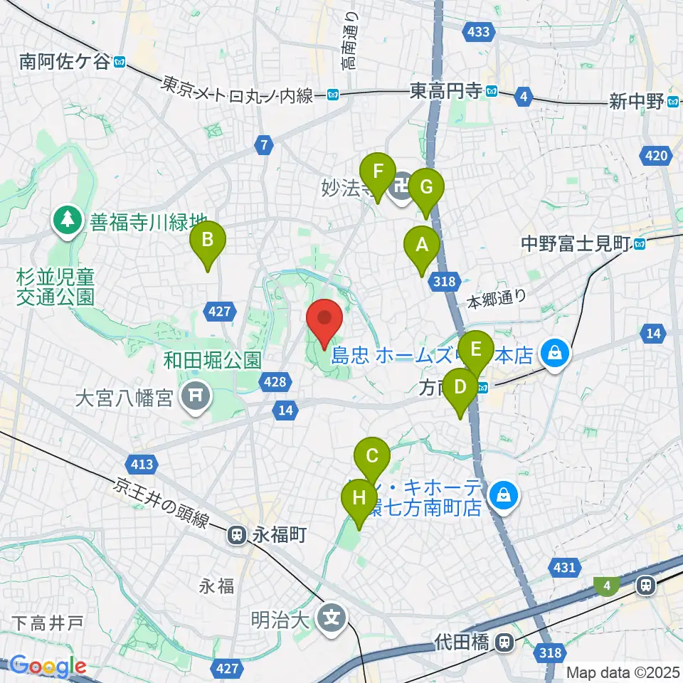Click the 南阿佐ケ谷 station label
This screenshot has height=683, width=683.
coord(66,63)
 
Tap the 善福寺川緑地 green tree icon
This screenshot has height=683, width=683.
coord(67,219)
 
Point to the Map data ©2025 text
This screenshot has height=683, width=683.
coord(622,672)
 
